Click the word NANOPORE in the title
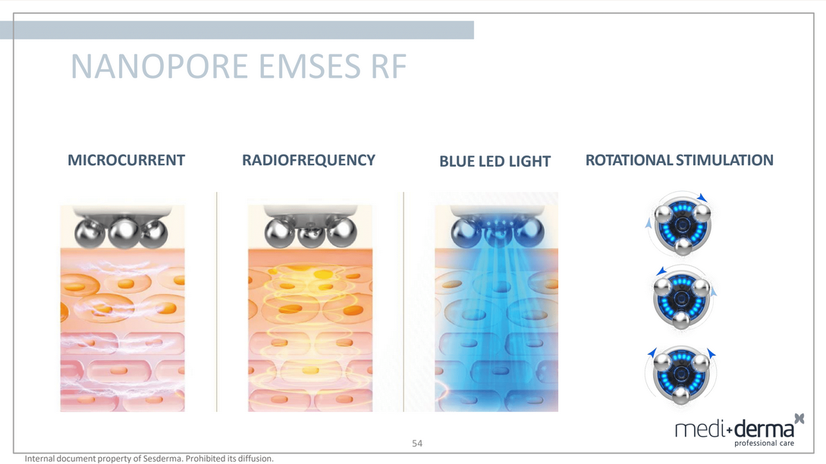click(x=159, y=67)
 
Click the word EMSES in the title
click(x=309, y=67)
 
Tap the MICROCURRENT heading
click(x=127, y=160)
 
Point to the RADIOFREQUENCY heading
click(x=309, y=160)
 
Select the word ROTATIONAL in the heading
click(x=629, y=160)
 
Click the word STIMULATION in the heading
click(x=724, y=160)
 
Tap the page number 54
click(x=417, y=444)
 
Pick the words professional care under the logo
click(x=764, y=444)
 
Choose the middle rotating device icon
click(x=682, y=298)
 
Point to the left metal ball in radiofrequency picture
click(x=280, y=233)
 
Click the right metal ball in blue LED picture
click(x=529, y=232)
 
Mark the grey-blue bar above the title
click(x=237, y=30)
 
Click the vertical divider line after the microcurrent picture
click(x=216, y=302)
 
